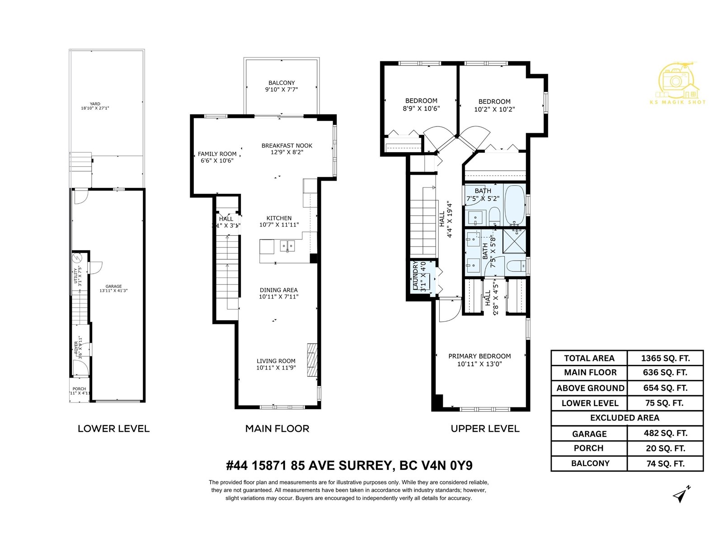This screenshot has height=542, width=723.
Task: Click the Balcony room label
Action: pyautogui.click(x=282, y=83)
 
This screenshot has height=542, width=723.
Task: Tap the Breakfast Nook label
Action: pyautogui.click(x=287, y=145)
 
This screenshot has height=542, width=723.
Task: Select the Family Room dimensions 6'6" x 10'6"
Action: pyautogui.click(x=217, y=161)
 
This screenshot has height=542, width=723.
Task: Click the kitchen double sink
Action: pyautogui.click(x=287, y=246)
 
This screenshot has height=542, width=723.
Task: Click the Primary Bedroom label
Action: pyautogui.click(x=479, y=356)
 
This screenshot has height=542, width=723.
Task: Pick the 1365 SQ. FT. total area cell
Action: pyautogui.click(x=665, y=358)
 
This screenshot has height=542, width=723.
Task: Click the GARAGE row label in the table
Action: pyautogui.click(x=589, y=434)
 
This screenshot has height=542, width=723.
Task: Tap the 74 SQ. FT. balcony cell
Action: pyautogui.click(x=665, y=463)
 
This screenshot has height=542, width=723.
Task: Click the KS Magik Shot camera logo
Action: pyautogui.click(x=676, y=81)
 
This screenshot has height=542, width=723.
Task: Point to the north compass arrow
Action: pyautogui.click(x=681, y=495)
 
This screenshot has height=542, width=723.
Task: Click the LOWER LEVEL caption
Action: pyautogui.click(x=113, y=429)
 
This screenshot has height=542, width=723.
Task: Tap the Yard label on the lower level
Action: pyautogui.click(x=95, y=104)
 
